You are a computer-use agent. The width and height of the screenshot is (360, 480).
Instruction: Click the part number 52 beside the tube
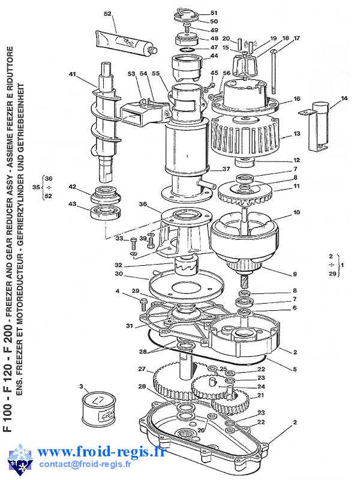(x=108, y=13)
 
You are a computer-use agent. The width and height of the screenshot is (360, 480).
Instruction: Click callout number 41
(x=73, y=74)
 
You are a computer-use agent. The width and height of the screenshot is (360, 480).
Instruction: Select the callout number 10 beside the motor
(x=296, y=213)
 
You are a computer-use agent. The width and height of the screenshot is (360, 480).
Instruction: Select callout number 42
(x=73, y=187)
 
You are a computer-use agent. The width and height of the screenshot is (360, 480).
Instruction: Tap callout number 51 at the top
(x=214, y=13)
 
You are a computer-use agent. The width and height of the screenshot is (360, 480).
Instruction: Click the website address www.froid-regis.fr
(x=102, y=452)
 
